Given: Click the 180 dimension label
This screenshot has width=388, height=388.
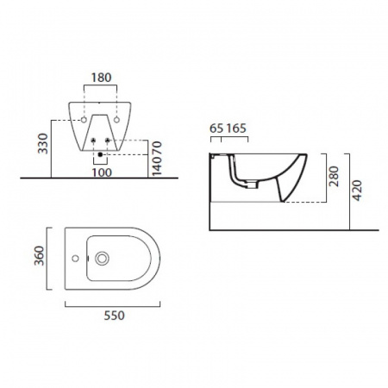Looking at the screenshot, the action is tap(101, 78).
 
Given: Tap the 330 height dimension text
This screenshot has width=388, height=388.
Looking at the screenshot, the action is tap(43, 143).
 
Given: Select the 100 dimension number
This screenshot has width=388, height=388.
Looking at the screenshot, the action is tap(102, 172).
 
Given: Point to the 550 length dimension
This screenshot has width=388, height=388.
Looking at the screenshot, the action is tap(114, 316).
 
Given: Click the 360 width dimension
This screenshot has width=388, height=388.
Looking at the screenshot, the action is tap(40, 256).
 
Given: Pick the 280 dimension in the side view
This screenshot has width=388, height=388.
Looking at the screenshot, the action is tap(334, 176).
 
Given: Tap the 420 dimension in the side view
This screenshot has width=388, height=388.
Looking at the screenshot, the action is tap(357, 191).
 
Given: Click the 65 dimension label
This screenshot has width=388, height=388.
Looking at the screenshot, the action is tap(216, 128).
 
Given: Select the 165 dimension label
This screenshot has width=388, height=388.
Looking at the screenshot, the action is tap(236, 128).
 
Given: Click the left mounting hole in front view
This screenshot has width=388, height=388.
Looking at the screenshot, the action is tap(84, 120).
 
